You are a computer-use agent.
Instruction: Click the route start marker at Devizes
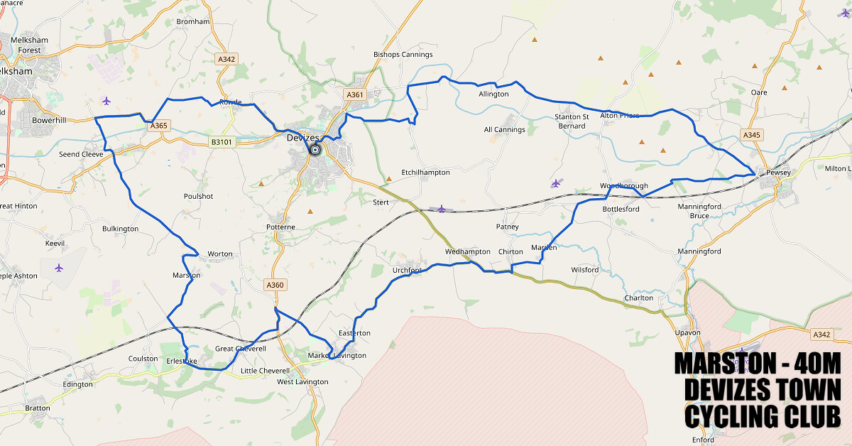tap(315, 150)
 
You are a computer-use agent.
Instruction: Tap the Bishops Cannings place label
tap(403, 55)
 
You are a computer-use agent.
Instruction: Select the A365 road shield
tap(159, 126)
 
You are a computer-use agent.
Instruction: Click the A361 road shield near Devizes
tap(354, 94)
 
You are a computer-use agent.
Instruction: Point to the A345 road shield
tap(752, 134)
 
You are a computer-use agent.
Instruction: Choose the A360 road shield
tap(275, 285)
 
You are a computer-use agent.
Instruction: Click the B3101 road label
tap(222, 142)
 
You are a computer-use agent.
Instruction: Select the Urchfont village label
tap(407, 271)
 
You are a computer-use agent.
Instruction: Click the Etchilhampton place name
tap(425, 173)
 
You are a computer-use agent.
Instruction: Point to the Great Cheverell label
tap(240, 349)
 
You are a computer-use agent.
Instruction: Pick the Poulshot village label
tap(198, 197)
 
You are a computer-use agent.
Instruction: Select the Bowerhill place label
tap(49, 121)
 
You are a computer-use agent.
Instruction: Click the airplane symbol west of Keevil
tap(58, 268)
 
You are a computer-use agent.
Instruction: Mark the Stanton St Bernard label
tap(572, 121)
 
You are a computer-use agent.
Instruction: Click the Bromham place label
tap(192, 22)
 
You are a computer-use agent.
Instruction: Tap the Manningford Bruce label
tap(689, 211)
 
